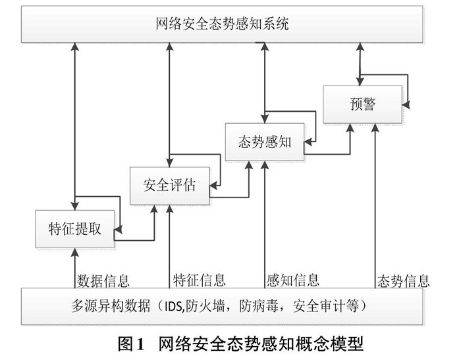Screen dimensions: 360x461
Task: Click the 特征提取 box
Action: click(x=75, y=229)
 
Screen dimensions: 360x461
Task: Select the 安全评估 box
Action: click(x=169, y=185)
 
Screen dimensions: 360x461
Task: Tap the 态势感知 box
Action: click(x=263, y=141)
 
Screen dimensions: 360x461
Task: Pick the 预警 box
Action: click(x=362, y=104)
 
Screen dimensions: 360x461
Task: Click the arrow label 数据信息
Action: click(x=103, y=279)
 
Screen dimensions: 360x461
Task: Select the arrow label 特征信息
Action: click(x=200, y=279)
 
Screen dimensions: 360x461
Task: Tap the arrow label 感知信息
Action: click(x=293, y=279)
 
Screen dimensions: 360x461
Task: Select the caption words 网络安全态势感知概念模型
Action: click(x=259, y=343)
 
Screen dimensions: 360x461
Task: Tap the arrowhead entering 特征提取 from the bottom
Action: click(x=76, y=251)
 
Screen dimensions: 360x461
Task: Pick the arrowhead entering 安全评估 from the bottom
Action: click(x=169, y=208)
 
